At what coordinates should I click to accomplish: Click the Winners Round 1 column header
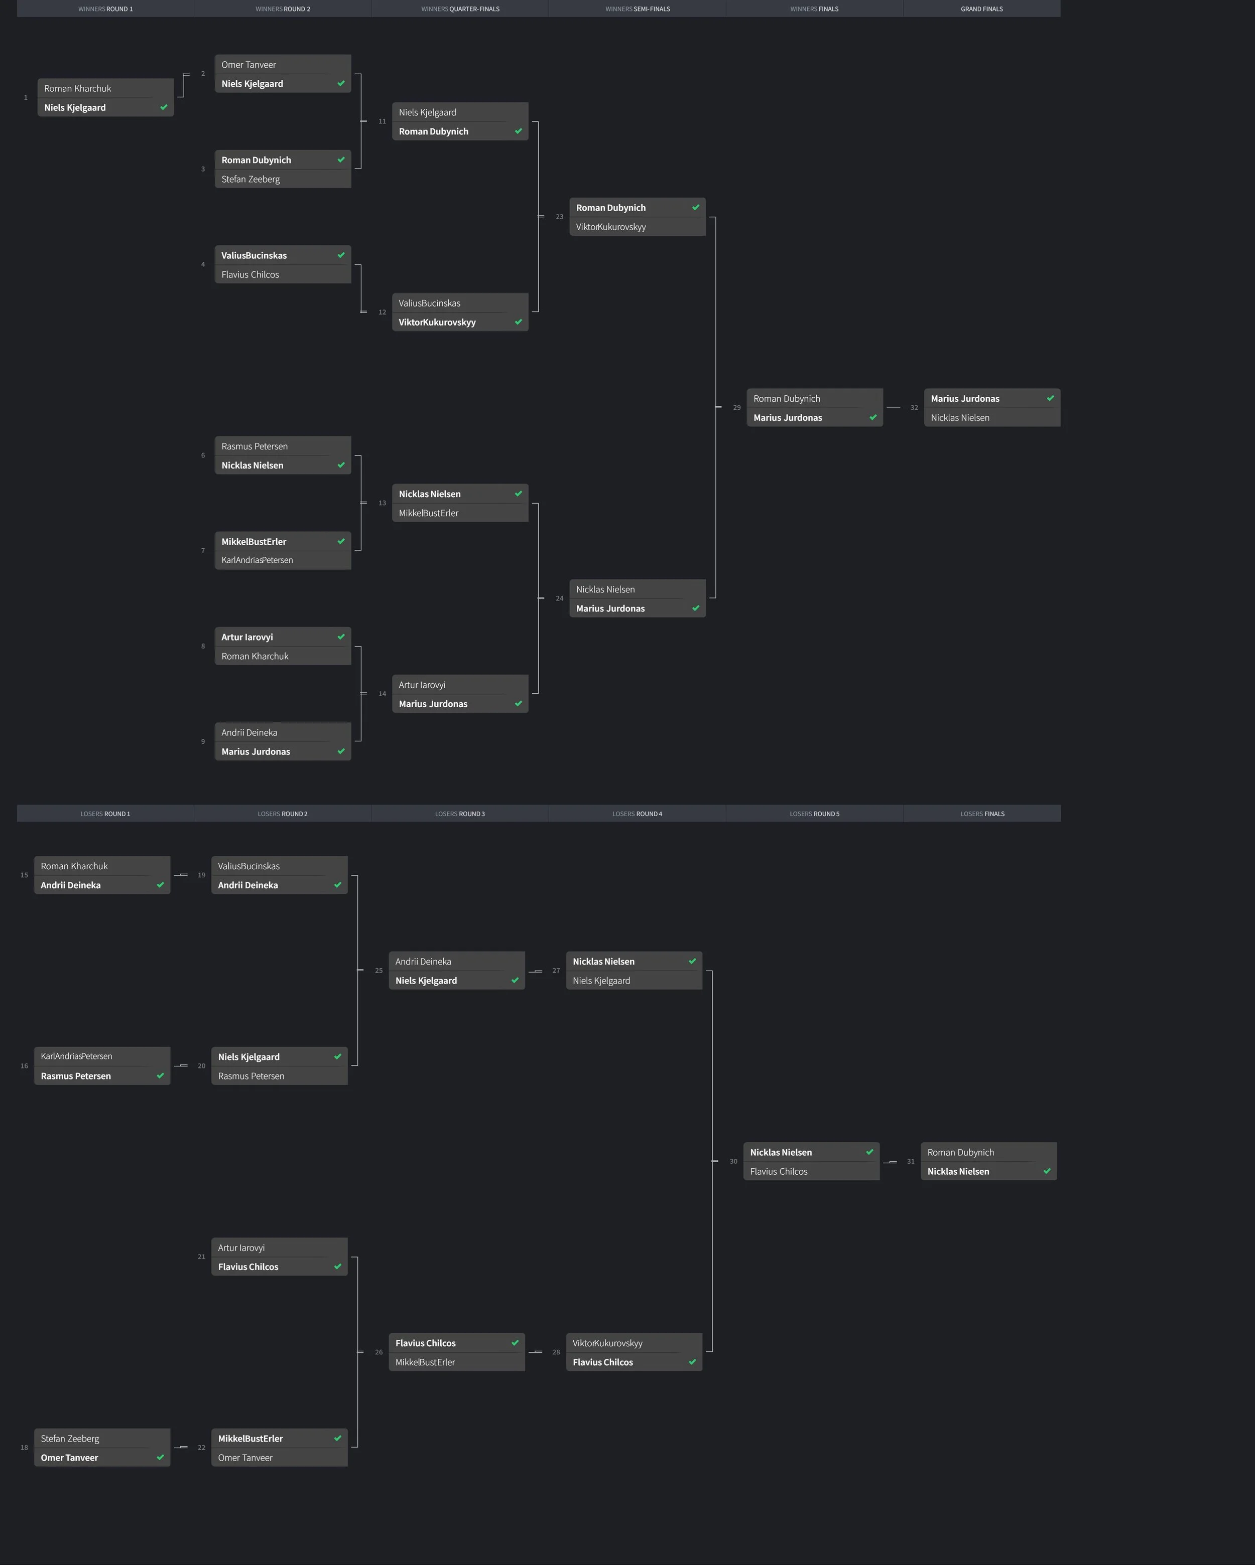(105, 9)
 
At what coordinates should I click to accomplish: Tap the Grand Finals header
(981, 9)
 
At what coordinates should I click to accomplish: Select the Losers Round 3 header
(460, 814)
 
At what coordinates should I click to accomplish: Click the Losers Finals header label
(982, 814)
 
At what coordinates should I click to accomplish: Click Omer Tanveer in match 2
(248, 65)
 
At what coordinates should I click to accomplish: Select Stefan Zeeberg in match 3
(250, 179)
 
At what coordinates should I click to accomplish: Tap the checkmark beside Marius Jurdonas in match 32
(1050, 398)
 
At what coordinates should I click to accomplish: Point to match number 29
(736, 408)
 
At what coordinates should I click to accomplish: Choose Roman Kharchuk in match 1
(78, 89)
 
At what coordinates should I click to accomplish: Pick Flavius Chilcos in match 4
(250, 274)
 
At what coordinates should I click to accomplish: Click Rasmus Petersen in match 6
(254, 446)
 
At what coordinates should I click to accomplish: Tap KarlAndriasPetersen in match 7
(257, 560)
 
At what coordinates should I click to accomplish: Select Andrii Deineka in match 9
(249, 732)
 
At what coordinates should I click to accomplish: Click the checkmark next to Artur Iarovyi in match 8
(341, 637)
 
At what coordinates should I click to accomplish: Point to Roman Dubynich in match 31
(960, 1152)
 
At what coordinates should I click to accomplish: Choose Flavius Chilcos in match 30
(779, 1172)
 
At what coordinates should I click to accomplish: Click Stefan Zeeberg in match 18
(70, 1439)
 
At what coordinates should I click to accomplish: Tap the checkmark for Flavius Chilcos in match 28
(692, 1362)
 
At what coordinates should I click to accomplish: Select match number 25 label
(379, 971)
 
